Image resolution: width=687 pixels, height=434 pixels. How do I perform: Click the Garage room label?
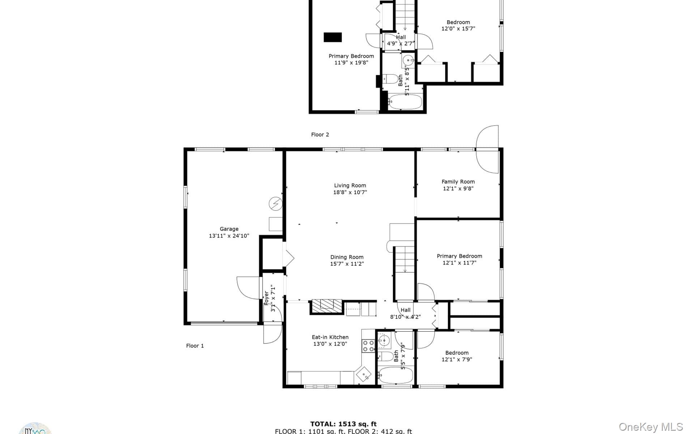[229, 229]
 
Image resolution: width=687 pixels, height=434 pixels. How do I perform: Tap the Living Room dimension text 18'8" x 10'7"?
[350, 192]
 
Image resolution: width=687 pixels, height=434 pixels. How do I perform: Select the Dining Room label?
[347, 257]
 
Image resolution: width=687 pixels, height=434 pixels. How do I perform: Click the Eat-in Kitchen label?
[330, 337]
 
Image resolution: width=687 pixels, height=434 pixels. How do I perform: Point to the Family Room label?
[458, 182]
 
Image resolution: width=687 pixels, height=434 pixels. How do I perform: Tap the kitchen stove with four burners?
[368, 345]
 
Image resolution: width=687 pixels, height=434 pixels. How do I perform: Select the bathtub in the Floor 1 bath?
[395, 376]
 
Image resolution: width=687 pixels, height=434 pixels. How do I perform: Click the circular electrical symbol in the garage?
[276, 204]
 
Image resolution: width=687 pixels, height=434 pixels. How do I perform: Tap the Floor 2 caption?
[320, 135]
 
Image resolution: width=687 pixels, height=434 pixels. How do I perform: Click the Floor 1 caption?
[195, 346]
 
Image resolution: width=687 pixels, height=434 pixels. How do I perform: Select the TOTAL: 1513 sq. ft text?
[343, 424]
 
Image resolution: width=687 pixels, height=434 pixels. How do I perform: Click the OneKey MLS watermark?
[650, 427]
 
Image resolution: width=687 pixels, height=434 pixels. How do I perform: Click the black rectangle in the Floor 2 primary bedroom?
[332, 37]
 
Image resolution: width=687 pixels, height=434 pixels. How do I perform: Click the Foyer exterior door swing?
[272, 333]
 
